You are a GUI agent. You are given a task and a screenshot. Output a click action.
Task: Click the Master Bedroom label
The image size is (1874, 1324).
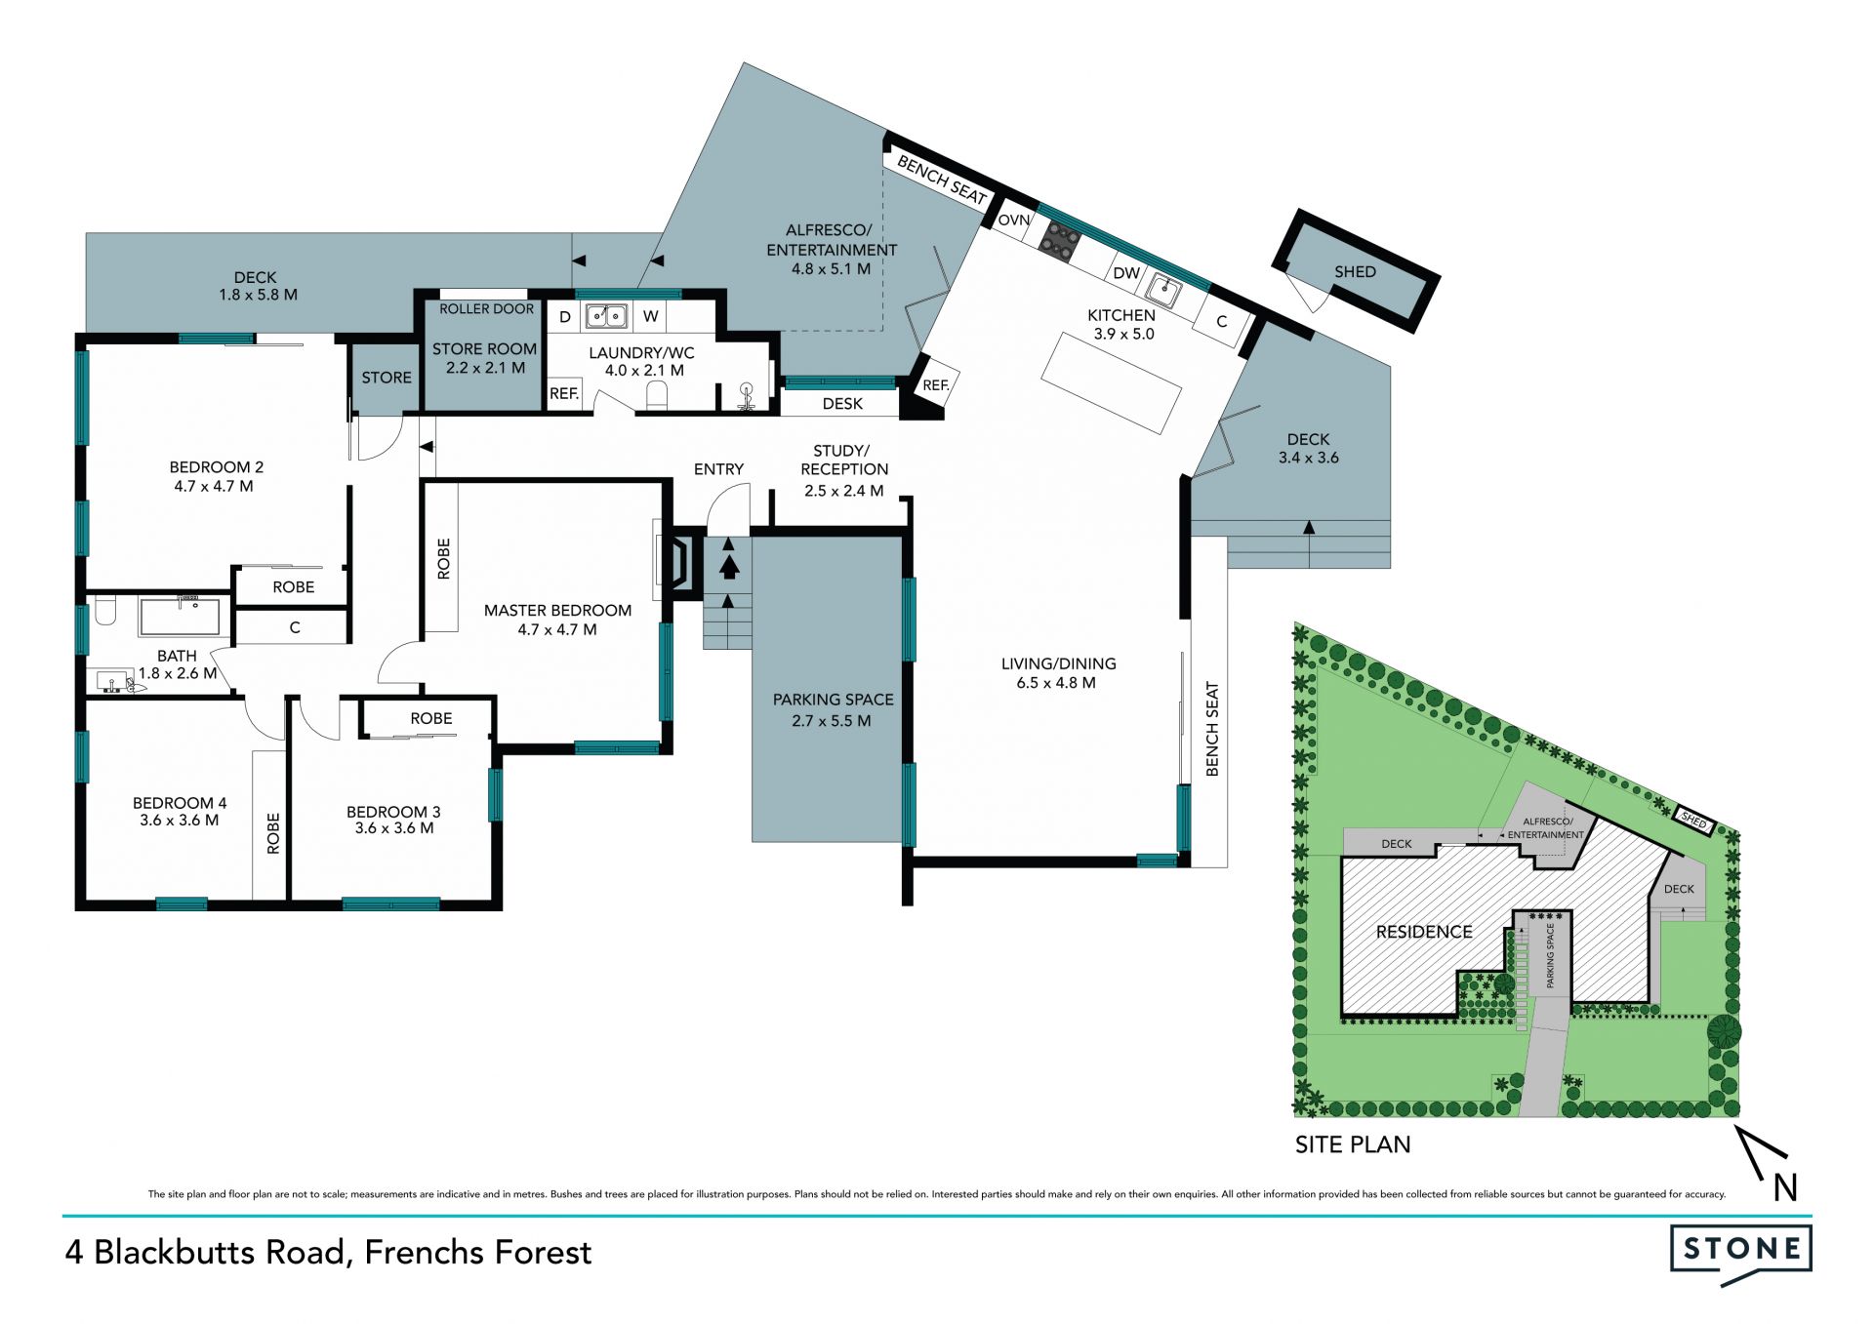(557, 620)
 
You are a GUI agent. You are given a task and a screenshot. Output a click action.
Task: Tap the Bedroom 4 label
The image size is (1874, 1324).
(180, 812)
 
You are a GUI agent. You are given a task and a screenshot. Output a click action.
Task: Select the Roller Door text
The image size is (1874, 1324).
(486, 309)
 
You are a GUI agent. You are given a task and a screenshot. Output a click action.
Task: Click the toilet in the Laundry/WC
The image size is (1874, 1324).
(657, 395)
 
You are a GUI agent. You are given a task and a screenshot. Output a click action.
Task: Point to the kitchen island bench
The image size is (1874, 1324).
(1112, 381)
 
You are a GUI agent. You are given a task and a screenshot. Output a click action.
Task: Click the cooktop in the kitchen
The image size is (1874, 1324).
(1058, 240)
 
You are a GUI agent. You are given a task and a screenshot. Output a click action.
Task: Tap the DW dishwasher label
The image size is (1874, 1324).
(1126, 273)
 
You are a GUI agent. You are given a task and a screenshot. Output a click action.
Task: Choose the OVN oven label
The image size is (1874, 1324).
(1013, 221)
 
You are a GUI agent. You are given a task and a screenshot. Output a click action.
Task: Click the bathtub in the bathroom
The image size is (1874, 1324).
(180, 618)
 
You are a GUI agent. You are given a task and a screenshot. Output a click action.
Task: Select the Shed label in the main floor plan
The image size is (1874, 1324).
(1355, 272)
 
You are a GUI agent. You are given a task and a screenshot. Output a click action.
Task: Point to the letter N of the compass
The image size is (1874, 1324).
(1785, 1187)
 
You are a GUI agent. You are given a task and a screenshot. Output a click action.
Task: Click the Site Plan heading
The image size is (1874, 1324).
(1353, 1144)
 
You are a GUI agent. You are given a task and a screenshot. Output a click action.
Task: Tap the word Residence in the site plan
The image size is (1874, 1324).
(1424, 932)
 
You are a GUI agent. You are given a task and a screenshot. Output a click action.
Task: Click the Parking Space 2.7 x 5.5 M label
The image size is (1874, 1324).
(834, 710)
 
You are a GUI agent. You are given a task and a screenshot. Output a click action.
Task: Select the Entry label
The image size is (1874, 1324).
(718, 469)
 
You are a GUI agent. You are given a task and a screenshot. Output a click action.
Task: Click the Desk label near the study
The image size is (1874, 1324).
(842, 404)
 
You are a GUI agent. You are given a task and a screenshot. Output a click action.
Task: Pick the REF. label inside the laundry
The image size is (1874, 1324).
(564, 394)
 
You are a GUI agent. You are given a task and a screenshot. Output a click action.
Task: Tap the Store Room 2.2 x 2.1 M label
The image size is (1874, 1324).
(485, 358)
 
